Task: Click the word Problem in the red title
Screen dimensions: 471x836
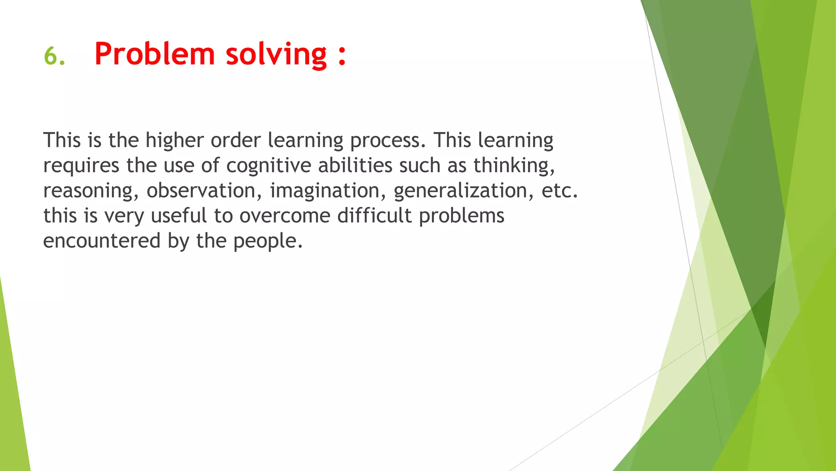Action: [x=154, y=54]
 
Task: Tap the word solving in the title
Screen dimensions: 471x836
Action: [x=276, y=55]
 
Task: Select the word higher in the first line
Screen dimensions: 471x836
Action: [x=174, y=141]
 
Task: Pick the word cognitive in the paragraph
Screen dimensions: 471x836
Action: [x=269, y=166]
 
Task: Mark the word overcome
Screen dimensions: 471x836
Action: [x=285, y=216]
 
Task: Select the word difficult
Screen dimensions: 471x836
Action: [x=374, y=215]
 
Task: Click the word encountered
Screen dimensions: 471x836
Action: [x=102, y=241]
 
